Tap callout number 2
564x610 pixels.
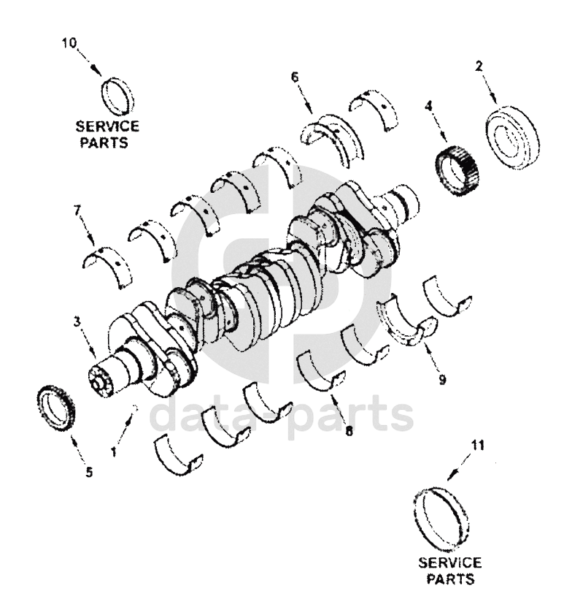(x=479, y=66)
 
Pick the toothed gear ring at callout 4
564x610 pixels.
(x=457, y=168)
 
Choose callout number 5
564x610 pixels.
(x=89, y=473)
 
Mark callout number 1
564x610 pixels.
(x=114, y=452)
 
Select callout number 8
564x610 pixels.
(x=349, y=432)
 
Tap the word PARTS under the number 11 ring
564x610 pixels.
(x=449, y=579)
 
